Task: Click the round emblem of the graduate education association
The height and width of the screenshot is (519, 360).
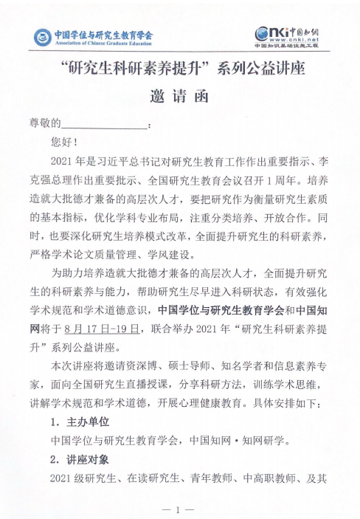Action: [43, 36]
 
